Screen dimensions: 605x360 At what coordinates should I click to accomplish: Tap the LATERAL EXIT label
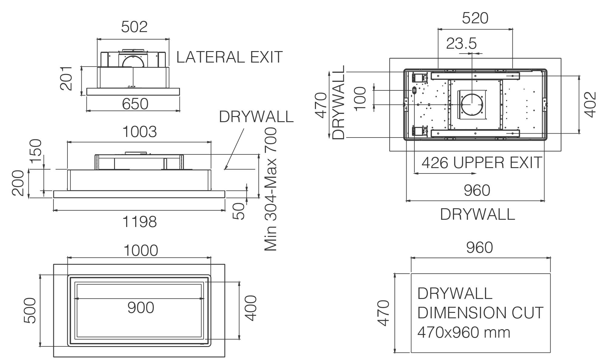click(230, 57)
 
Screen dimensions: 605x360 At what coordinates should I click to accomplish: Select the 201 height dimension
click(66, 79)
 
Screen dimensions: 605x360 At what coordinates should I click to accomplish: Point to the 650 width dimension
click(135, 104)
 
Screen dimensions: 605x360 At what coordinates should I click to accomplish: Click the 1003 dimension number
click(140, 132)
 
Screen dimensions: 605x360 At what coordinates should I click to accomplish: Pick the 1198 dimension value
click(140, 222)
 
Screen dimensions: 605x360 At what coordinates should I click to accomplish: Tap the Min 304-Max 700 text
click(271, 189)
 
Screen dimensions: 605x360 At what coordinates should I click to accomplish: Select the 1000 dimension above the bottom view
click(141, 251)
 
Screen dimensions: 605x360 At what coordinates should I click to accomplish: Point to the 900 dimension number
click(141, 308)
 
